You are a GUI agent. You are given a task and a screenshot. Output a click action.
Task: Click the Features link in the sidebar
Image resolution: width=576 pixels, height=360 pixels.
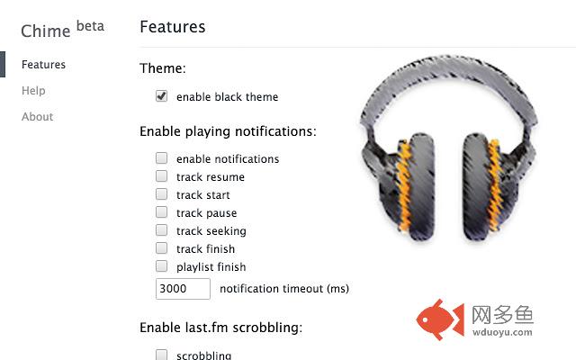(x=43, y=65)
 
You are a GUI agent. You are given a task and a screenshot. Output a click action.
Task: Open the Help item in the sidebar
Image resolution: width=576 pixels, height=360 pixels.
(x=33, y=90)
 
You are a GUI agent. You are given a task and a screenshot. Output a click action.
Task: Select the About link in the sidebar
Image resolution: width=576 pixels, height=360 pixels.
(x=37, y=116)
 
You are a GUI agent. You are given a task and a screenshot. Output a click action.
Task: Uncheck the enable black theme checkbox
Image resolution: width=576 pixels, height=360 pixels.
(x=162, y=96)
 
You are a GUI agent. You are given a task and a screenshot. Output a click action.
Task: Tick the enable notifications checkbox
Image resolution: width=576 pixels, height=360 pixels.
(x=162, y=158)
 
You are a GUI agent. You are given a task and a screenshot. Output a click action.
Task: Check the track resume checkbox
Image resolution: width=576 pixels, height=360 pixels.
(x=162, y=176)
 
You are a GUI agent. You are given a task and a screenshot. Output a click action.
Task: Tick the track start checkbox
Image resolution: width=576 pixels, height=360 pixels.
(x=162, y=194)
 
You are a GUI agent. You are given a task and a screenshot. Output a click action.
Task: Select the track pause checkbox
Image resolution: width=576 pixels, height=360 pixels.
(x=162, y=212)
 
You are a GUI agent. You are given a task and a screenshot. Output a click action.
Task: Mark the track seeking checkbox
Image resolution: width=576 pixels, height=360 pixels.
(x=162, y=230)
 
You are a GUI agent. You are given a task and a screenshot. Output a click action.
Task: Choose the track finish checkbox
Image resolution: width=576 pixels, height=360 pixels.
(x=162, y=248)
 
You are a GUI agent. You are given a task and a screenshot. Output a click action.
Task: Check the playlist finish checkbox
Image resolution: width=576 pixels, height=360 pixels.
(x=162, y=266)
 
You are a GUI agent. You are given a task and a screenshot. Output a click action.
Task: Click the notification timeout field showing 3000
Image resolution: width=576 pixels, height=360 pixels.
(x=183, y=289)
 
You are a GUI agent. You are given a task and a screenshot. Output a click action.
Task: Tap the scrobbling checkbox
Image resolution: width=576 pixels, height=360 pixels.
(x=162, y=355)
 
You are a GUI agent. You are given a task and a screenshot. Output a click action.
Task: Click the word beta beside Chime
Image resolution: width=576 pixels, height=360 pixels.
(x=90, y=26)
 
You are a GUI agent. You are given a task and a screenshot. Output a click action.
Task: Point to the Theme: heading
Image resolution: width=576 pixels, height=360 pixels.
(x=163, y=68)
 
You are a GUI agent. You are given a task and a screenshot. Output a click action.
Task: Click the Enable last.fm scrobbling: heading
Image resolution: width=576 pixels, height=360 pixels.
(x=220, y=328)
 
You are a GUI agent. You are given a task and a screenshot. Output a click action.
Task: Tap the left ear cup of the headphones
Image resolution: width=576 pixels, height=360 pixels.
(x=408, y=187)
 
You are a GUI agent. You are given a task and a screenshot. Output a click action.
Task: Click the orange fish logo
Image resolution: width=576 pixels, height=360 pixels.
(x=440, y=319)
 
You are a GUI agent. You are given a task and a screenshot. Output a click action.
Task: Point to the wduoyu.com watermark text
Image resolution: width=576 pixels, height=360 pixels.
(x=502, y=332)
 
